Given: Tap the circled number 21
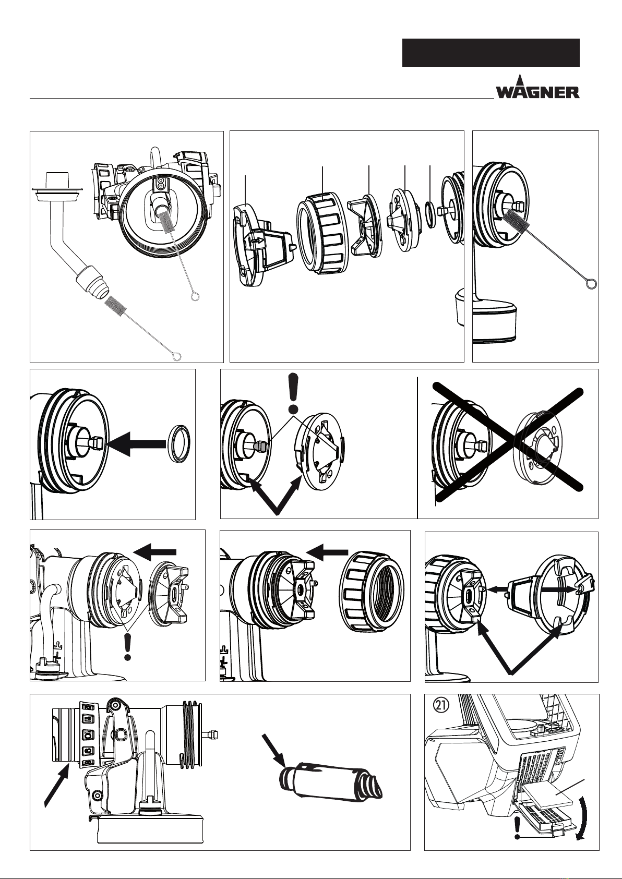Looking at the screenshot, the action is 441,705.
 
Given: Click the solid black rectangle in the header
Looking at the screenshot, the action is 491,53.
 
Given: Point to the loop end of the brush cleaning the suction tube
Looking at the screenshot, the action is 176,356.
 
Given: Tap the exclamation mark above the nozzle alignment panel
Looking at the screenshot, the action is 292,393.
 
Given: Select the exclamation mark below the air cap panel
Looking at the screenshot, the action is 127,648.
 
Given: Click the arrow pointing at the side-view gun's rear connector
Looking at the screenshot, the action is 57,785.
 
